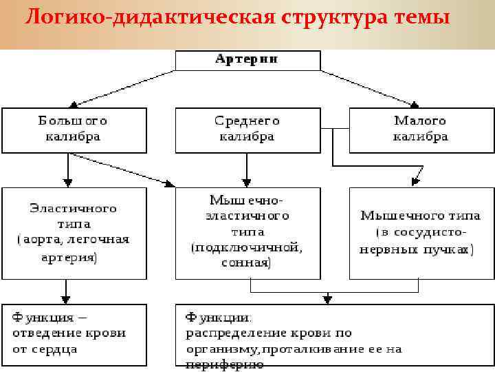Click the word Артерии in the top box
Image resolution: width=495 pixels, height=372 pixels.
[x=247, y=59]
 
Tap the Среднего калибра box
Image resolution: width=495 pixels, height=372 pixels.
[x=247, y=130]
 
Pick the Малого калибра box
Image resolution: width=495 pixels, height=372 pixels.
[x=421, y=130]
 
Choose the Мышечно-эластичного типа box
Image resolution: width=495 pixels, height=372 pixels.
[x=247, y=233]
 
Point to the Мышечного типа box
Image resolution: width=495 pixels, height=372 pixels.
[x=421, y=233]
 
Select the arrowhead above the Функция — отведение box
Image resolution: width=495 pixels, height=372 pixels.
[x=66, y=300]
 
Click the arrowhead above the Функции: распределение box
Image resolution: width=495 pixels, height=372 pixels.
[x=328, y=300]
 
